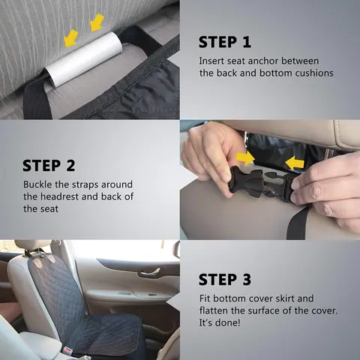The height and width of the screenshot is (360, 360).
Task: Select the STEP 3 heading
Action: pos(225,280)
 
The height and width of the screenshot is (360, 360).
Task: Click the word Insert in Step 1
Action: pos(211,61)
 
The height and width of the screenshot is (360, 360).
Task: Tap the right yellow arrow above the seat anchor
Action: pos(97,23)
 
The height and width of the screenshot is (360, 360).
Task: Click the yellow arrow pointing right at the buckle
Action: pos(245,158)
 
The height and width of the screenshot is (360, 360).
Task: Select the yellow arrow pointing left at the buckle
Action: pos(294,163)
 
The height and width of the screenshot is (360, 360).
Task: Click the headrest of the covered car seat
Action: pos(33,245)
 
